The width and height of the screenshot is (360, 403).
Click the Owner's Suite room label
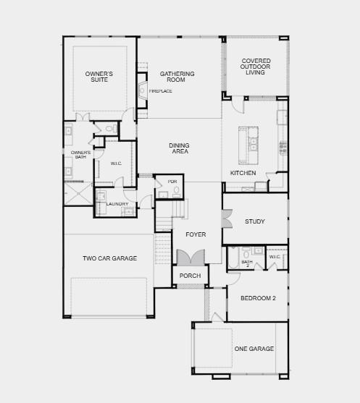(99, 77)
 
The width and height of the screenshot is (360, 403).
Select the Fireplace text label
(161, 91)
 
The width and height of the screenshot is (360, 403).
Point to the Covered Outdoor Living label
(256, 66)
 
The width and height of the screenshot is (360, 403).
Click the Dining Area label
(179, 148)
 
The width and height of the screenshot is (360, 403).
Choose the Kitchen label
(243, 173)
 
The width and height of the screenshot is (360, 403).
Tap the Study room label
(254, 221)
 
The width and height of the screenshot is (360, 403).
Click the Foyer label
(196, 234)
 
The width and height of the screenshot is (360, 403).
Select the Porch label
(190, 276)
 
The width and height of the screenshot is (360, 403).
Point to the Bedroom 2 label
(257, 298)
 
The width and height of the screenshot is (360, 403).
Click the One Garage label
(254, 349)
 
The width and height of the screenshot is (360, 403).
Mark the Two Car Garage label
(109, 258)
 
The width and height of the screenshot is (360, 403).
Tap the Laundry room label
(117, 204)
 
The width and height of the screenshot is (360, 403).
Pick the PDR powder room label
(172, 181)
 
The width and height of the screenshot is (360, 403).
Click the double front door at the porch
(191, 258)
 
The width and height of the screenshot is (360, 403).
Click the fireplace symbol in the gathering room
(141, 91)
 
